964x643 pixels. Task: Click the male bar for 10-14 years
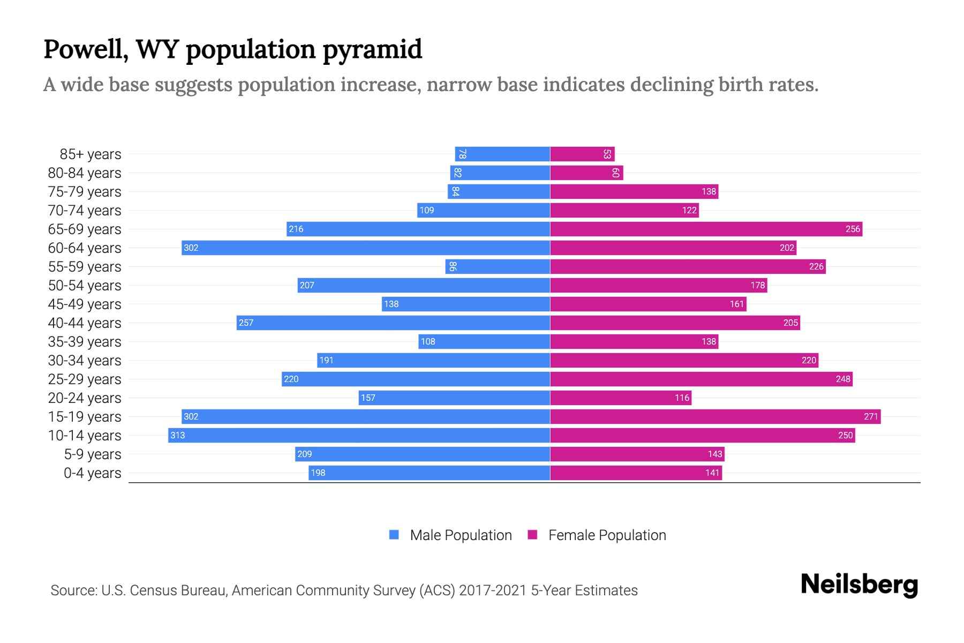359,435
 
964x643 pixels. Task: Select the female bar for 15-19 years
715,416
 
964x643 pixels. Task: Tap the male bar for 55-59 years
498,266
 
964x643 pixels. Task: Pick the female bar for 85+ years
582,154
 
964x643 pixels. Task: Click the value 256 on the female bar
853,229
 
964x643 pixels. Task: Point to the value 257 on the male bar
246,323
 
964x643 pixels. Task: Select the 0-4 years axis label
92,473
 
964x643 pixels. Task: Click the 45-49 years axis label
85,304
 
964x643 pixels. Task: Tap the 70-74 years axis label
85,210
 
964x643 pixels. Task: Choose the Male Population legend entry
461,535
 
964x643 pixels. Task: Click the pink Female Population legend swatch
532,535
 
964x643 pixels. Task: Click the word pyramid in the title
373,49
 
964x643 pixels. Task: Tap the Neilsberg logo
859,584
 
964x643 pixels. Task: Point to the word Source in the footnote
73,590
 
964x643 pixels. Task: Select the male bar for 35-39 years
484,341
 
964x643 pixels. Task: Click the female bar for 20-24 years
621,398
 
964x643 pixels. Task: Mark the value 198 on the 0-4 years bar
318,473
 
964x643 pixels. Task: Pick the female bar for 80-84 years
586,173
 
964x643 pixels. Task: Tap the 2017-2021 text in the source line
493,590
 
